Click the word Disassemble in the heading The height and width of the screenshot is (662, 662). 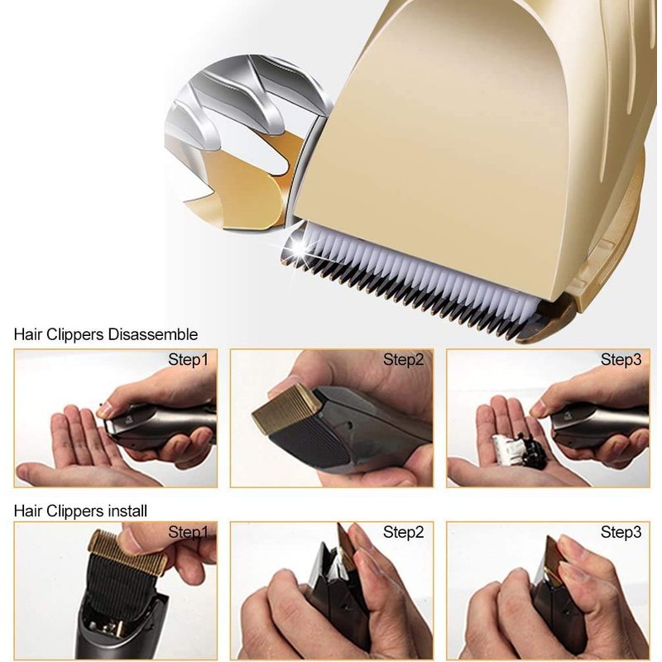[x=153, y=334]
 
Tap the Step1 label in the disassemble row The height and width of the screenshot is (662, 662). [x=189, y=360]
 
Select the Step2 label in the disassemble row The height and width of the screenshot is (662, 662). [x=403, y=360]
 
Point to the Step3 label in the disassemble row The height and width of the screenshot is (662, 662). [x=621, y=360]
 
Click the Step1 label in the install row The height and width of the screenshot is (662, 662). [x=189, y=532]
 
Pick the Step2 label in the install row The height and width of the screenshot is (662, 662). [x=403, y=532]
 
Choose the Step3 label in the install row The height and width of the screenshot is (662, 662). [x=621, y=532]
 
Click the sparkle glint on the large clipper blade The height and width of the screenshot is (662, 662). [x=299, y=250]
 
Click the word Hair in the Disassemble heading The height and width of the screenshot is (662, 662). [x=28, y=334]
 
